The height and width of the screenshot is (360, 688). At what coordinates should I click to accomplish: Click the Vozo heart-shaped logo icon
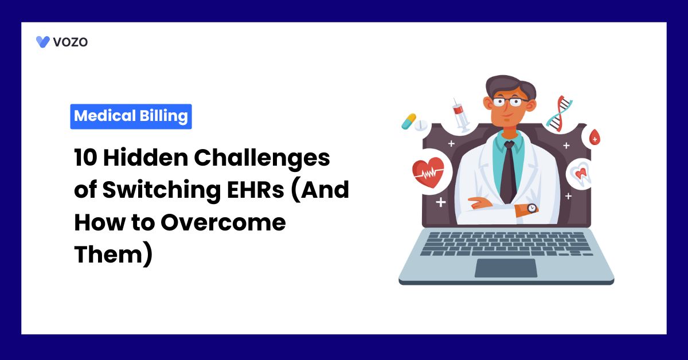tap(42, 42)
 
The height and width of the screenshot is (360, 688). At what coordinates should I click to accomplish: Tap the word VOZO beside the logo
tap(71, 42)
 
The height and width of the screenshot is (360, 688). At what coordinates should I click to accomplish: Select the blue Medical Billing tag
tap(131, 116)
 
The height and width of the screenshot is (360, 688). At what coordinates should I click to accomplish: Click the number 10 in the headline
tap(85, 158)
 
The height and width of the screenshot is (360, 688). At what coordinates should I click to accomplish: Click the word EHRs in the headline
tap(256, 190)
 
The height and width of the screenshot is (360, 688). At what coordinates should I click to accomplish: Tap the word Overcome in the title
tap(223, 222)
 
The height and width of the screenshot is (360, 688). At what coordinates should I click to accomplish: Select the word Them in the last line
tap(108, 254)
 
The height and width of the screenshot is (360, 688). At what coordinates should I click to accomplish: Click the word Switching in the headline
tap(162, 191)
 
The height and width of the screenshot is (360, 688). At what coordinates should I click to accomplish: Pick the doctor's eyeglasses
tap(510, 101)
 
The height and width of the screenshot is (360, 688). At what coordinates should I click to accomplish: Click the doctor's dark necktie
tap(509, 172)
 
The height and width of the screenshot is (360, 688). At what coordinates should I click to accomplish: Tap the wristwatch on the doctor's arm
tap(532, 208)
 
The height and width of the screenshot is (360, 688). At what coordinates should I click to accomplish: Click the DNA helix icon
tap(560, 114)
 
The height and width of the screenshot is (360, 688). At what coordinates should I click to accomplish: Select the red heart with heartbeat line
tap(428, 172)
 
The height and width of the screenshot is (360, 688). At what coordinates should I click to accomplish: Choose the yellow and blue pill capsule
tap(409, 122)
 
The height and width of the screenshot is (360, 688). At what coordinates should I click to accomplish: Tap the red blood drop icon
tap(595, 137)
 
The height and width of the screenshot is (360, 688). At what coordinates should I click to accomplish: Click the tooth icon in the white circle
tap(581, 174)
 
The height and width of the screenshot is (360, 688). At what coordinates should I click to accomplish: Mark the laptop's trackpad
tap(506, 268)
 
